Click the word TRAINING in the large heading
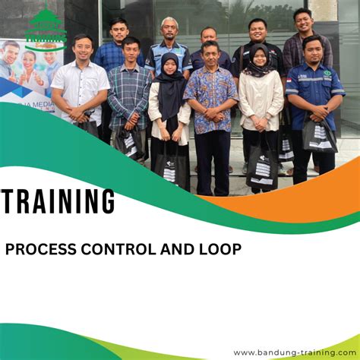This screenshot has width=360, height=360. tap(58, 203)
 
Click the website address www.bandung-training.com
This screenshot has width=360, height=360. tap(294, 352)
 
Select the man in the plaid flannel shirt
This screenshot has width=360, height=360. tap(129, 95)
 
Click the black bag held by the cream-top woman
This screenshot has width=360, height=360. tap(262, 167)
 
